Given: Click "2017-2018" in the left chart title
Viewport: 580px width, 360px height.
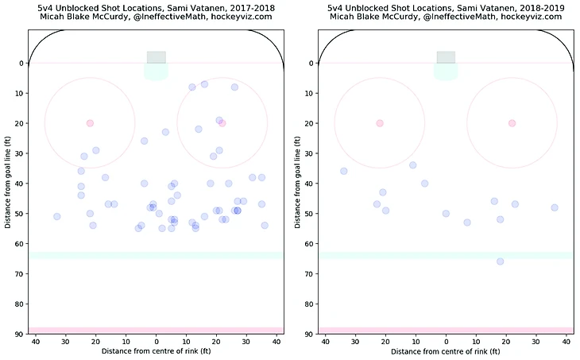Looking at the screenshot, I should (x=241, y=6).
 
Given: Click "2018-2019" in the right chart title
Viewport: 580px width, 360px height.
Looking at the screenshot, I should (x=531, y=6).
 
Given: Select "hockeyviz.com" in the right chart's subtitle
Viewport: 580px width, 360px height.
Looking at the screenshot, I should (x=534, y=17).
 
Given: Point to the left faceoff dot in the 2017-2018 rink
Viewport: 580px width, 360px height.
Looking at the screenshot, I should (x=90, y=123).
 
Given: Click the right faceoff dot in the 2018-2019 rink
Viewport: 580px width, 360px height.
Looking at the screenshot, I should (x=512, y=123).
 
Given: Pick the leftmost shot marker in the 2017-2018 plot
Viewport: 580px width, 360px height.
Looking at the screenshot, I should (x=56, y=216).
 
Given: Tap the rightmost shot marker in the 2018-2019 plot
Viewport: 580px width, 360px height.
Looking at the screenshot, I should (x=555, y=207).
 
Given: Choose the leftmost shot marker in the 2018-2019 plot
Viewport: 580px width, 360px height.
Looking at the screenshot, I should (x=343, y=171).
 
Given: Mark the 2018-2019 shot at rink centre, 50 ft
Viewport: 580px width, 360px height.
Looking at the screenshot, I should (x=446, y=214).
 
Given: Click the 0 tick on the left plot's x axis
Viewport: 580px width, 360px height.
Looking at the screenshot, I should (x=156, y=342).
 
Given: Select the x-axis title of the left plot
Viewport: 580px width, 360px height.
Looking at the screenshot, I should (x=156, y=351).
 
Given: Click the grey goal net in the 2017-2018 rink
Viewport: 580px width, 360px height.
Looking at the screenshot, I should (x=156, y=57).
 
